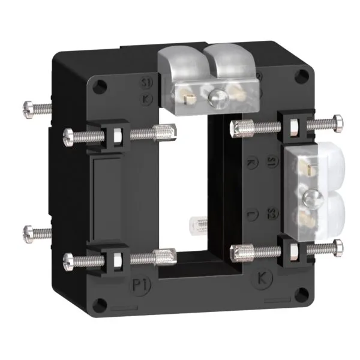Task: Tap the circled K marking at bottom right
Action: coord(263,278)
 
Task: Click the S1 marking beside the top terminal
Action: coord(144,83)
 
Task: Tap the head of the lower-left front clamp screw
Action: coord(68,260)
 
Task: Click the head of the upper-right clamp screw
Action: coord(340,124)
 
